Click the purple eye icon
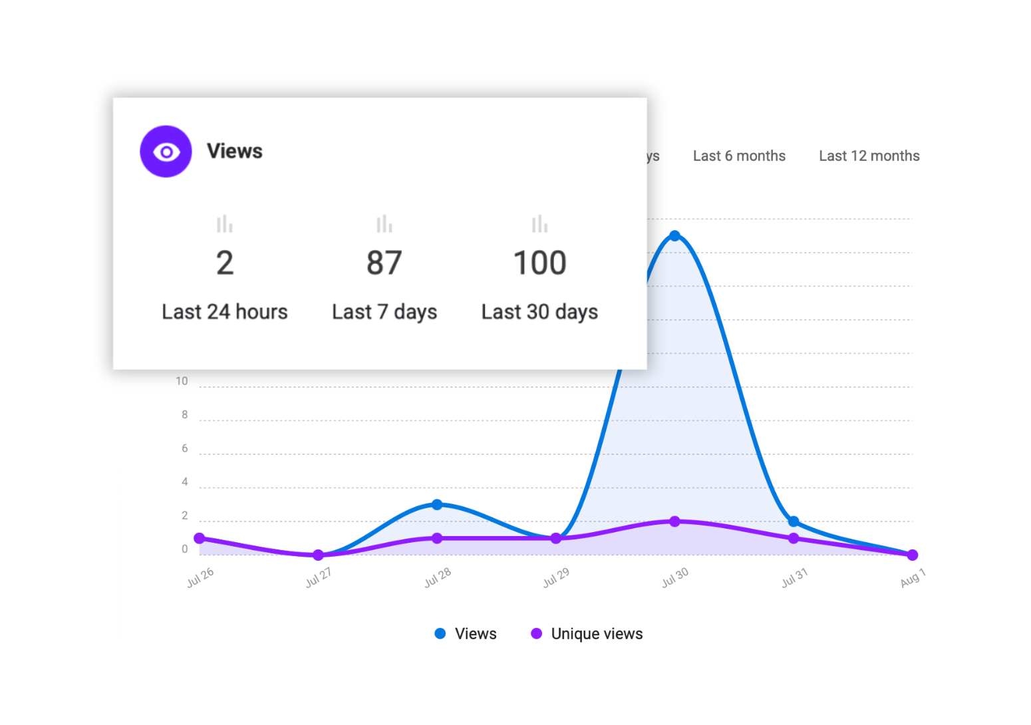click(x=166, y=152)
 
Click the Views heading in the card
click(x=234, y=151)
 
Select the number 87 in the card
click(x=384, y=263)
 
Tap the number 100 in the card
click(x=539, y=263)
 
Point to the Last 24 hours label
click(x=225, y=311)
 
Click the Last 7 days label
click(x=384, y=311)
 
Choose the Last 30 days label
click(x=539, y=311)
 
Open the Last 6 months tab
click(x=739, y=156)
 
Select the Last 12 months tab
click(x=869, y=156)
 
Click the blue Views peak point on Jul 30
click(x=674, y=235)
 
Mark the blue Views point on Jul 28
click(x=437, y=505)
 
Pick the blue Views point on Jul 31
click(x=794, y=521)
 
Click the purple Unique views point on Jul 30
click(x=674, y=521)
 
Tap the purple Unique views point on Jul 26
click(x=200, y=538)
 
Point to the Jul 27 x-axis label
click(x=319, y=577)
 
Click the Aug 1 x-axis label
click(x=913, y=577)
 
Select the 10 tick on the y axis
click(x=182, y=381)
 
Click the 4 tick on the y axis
click(x=185, y=482)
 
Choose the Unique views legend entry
click(x=587, y=634)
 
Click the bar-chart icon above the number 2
click(x=225, y=223)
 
